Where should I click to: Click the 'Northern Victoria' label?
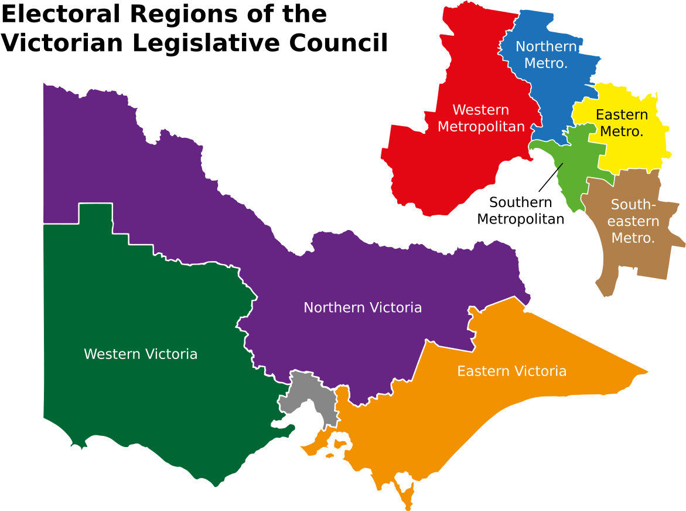point(362,307)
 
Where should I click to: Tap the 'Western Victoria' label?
point(141,354)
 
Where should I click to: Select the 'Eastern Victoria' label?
point(511,371)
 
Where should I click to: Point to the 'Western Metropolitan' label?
point(481,118)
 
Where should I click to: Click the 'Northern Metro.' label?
point(546,55)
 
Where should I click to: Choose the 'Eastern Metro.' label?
point(622,123)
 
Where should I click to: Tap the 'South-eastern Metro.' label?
point(633,221)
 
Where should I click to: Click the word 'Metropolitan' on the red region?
point(481,127)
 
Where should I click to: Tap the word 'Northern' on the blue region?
point(546,46)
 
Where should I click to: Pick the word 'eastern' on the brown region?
point(633,222)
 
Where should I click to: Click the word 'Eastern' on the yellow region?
point(622,115)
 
